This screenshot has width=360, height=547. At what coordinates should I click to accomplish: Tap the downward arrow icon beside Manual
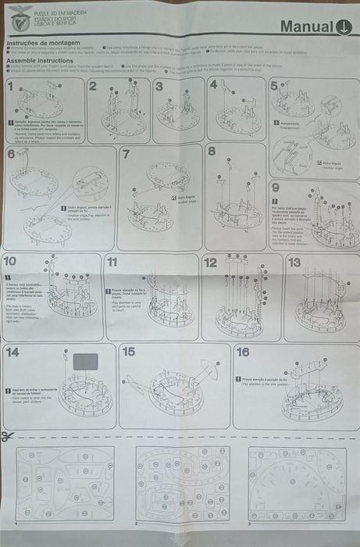pyautogui.click(x=344, y=27)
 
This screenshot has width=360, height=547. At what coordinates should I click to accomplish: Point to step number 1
pyautogui.click(x=10, y=84)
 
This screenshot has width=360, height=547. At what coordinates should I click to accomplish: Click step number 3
pyautogui.click(x=159, y=85)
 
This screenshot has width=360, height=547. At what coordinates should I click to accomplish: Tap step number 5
pyautogui.click(x=274, y=85)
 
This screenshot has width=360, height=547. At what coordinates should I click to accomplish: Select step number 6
pyautogui.click(x=11, y=154)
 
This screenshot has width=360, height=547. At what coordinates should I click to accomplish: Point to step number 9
pyautogui.click(x=276, y=188)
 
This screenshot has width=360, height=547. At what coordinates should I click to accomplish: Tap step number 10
pyautogui.click(x=10, y=261)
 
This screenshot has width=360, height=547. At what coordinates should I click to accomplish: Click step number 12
pyautogui.click(x=211, y=263)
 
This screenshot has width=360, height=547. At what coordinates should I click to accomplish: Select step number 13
pyautogui.click(x=294, y=263)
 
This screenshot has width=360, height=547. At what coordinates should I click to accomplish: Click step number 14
pyautogui.click(x=12, y=352)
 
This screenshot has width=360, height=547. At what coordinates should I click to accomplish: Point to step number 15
pyautogui.click(x=129, y=352)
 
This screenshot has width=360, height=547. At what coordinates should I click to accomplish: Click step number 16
pyautogui.click(x=243, y=352)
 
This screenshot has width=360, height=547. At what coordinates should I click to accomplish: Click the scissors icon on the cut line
pyautogui.click(x=8, y=436)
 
